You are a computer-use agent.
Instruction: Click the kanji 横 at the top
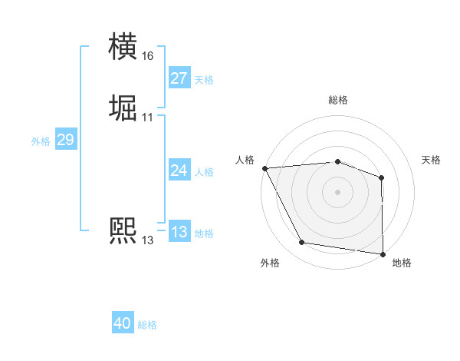pos(123,45)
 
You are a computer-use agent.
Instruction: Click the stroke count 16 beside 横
pos(148,56)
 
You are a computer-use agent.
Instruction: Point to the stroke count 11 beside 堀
pos(148,118)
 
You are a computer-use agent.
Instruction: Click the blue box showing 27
pos(179,78)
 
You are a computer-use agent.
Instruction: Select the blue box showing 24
pos(179,171)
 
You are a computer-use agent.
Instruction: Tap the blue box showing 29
pos(65,140)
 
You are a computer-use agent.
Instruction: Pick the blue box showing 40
pos(123,323)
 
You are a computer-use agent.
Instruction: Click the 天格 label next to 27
pos(204,80)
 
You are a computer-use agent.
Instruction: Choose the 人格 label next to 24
pos(204,172)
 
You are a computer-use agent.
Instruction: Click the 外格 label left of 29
pos(41,141)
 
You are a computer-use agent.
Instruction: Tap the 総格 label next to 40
pos(148,325)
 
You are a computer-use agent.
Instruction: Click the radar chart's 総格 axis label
pos(338,100)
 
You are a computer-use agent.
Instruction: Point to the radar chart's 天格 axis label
pos(432,160)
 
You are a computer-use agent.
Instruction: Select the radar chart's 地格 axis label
pos(402,263)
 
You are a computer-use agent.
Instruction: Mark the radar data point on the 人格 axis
pos(264,168)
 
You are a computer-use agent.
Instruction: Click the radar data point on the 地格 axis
pos(382,253)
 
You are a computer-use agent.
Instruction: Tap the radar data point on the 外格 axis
pos(302,243)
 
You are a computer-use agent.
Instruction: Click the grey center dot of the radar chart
pos(338,191)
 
